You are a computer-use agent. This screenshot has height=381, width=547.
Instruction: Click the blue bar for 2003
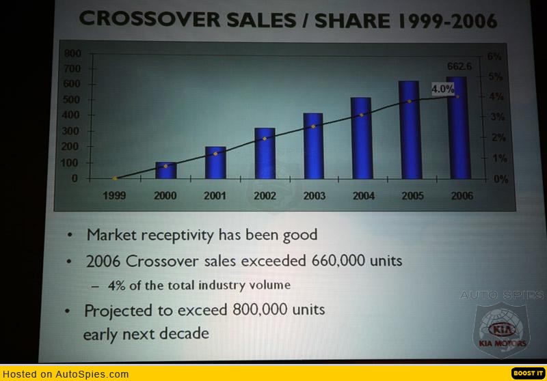tap(313, 146)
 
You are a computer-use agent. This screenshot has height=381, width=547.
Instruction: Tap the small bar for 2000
tap(165, 170)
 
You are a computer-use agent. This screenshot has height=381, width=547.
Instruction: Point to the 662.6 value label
tap(459, 66)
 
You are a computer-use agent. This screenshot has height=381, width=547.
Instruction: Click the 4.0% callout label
tap(443, 89)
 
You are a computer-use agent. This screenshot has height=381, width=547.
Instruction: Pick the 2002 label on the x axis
tap(265, 196)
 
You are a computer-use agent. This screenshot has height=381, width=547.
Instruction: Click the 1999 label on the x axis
tap(114, 195)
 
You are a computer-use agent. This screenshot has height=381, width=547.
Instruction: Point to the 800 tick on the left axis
tap(72, 53)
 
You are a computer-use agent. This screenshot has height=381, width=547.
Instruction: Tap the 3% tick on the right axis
tap(498, 117)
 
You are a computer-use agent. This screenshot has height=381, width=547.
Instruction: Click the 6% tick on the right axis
tap(494, 57)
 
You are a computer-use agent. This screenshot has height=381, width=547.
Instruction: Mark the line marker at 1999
tap(115, 178)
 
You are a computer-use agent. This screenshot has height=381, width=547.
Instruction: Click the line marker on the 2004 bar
tap(362, 115)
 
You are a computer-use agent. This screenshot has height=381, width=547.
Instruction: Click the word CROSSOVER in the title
tap(150, 19)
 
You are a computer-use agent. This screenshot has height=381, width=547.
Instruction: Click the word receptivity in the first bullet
tap(178, 235)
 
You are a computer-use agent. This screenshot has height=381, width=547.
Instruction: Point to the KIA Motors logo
tap(503, 330)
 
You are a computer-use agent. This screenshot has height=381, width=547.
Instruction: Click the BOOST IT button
tap(528, 373)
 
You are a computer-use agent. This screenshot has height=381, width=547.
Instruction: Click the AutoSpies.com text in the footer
tap(92, 374)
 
